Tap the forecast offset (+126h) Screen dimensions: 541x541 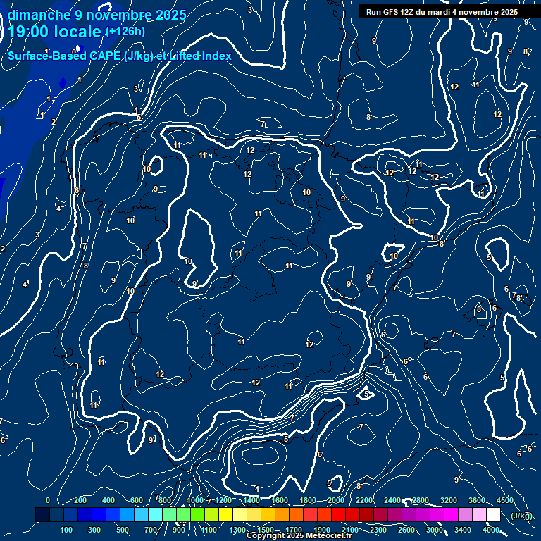click(x=125, y=32)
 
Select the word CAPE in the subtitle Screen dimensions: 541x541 click(x=103, y=56)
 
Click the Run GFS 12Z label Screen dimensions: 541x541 click(x=387, y=12)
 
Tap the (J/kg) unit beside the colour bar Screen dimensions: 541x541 click(x=521, y=516)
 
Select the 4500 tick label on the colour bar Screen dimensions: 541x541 click(x=505, y=500)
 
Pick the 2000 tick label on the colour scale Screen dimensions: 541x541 click(x=336, y=500)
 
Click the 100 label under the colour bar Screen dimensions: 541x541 click(x=67, y=529)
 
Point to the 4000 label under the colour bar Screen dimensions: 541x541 click(x=491, y=529)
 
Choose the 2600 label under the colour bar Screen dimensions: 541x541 click(x=406, y=529)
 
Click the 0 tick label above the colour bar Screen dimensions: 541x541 click(x=48, y=500)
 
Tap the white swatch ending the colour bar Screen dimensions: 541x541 click(x=494, y=515)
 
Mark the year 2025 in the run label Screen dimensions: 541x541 click(x=507, y=12)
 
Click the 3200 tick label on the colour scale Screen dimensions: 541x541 click(x=449, y=500)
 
